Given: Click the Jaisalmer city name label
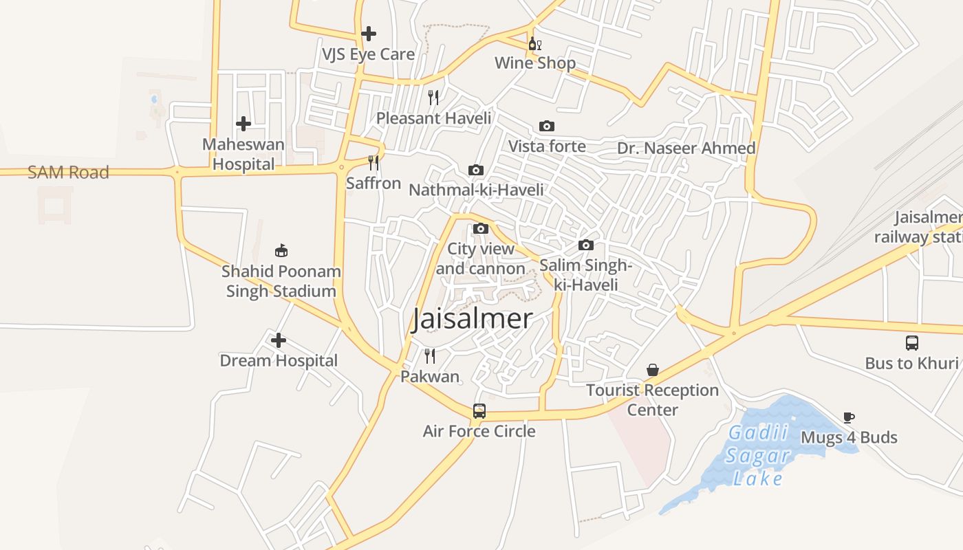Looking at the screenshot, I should (472, 319).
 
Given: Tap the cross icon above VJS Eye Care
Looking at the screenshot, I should (369, 33).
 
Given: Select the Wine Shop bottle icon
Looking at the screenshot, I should (535, 45).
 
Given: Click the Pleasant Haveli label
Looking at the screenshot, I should (433, 118).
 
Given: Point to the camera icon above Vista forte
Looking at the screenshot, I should (547, 126).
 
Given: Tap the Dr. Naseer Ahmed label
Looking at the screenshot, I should (686, 148).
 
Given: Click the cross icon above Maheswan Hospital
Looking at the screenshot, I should (244, 124).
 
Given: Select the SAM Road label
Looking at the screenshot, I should (68, 173).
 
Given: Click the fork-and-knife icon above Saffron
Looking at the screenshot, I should (374, 163).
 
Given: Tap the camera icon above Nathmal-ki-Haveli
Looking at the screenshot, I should (476, 170).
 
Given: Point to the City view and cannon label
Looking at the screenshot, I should (480, 258).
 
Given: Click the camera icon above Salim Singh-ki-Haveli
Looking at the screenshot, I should (586, 245).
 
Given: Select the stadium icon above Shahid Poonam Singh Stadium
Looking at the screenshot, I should (281, 250).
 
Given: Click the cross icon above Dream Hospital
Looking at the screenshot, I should (279, 340).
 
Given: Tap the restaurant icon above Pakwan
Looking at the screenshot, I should (430, 356).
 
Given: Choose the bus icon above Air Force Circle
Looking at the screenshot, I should (479, 411).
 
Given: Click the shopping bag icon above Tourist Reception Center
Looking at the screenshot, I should (653, 370).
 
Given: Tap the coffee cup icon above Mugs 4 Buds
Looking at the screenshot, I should (849, 417).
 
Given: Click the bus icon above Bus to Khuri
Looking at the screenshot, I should (912, 342).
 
